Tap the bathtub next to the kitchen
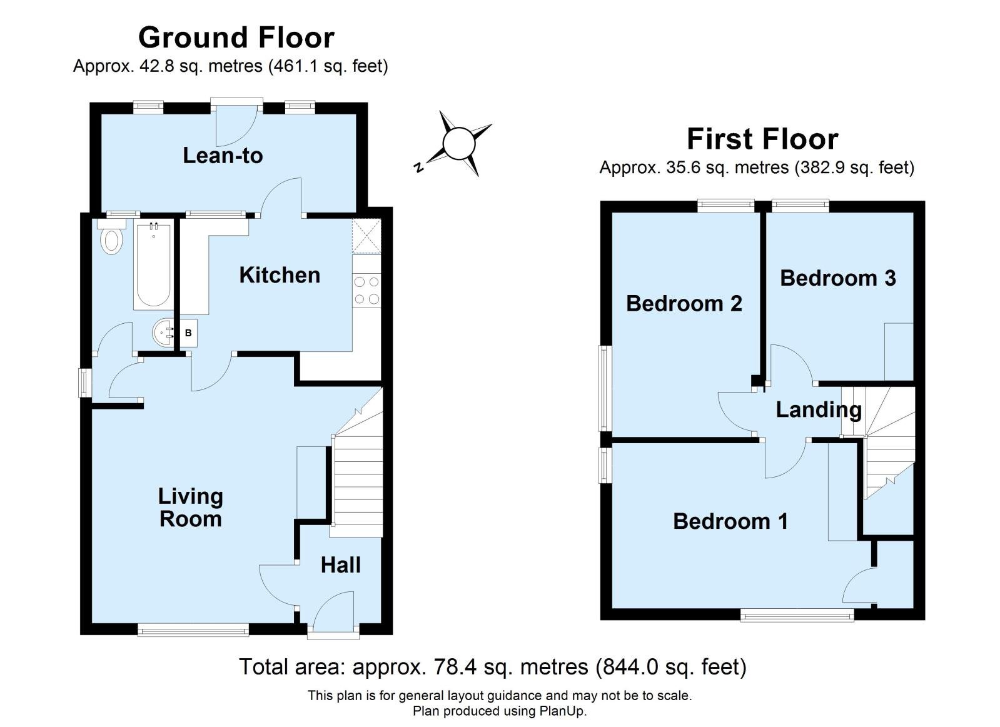(153, 265)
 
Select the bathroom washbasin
(164, 333)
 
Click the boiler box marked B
(188, 333)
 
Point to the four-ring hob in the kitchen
(366, 291)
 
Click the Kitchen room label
(280, 275)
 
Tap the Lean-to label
(223, 155)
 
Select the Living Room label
(191, 508)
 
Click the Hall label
(341, 565)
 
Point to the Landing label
(819, 409)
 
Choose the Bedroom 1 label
(730, 521)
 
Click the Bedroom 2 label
(684, 303)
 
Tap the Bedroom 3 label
(838, 278)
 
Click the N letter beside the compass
(418, 168)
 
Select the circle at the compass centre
(458, 144)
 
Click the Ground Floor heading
(236, 38)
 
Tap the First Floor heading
(762, 139)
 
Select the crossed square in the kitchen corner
(366, 236)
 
